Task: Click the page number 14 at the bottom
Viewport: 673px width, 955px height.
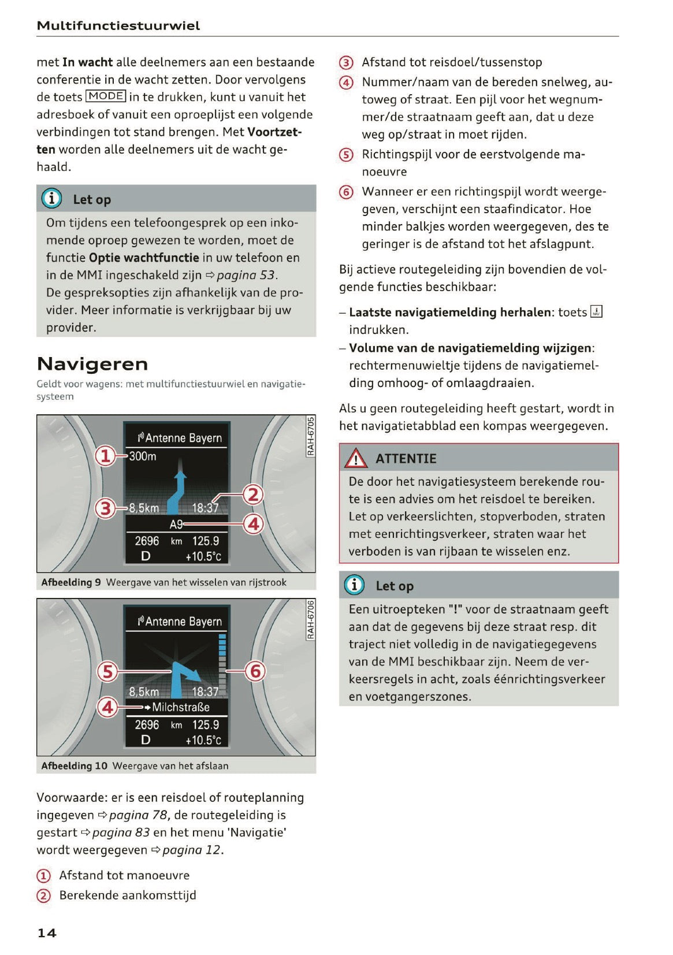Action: coord(47,932)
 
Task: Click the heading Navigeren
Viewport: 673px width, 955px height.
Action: coord(92,364)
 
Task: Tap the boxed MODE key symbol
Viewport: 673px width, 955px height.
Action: coord(106,96)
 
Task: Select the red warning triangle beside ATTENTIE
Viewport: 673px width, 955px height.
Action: coord(355,459)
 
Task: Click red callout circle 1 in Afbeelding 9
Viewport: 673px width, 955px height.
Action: coord(105,456)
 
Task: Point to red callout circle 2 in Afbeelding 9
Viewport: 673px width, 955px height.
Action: coord(253,495)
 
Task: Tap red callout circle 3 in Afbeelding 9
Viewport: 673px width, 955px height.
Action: coord(105,508)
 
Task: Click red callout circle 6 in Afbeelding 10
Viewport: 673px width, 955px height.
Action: coord(255,671)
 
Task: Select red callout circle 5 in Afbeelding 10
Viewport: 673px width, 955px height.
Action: coord(107,671)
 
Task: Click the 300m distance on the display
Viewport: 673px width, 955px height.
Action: coord(143,456)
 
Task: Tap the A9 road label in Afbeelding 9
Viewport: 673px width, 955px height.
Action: coord(176,524)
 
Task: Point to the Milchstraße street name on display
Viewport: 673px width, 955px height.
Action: coord(180,707)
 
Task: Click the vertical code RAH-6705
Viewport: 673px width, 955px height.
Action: coord(310,436)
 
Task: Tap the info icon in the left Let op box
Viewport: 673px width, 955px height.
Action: coord(51,199)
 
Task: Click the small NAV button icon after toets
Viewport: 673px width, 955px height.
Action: coord(597,312)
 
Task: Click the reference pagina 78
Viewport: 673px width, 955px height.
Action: coord(138,815)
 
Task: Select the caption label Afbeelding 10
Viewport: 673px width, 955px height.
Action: coord(74,766)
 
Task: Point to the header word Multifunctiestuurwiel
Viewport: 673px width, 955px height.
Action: coord(118,25)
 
